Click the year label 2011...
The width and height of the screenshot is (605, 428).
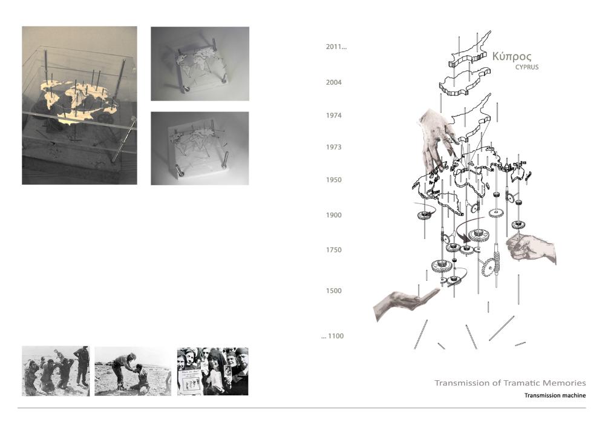pyautogui.click(x=336, y=47)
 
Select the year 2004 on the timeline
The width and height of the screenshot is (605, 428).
pyautogui.click(x=334, y=82)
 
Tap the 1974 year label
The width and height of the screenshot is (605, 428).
pyautogui.click(x=334, y=116)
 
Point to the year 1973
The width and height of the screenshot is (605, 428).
pyautogui.click(x=334, y=147)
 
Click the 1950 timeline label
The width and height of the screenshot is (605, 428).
pyautogui.click(x=334, y=180)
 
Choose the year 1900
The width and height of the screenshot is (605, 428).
pyautogui.click(x=334, y=216)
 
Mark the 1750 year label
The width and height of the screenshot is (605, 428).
pyautogui.click(x=334, y=250)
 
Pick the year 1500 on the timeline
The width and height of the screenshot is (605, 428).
pyautogui.click(x=334, y=291)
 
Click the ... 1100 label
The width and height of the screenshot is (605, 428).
pyautogui.click(x=332, y=336)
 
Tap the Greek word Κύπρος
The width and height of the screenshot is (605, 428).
pyautogui.click(x=512, y=57)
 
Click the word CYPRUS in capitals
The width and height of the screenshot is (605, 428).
pyautogui.click(x=527, y=67)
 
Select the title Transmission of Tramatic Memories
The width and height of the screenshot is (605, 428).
pyautogui.click(x=510, y=383)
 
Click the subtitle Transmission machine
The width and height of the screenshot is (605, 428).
pyautogui.click(x=555, y=395)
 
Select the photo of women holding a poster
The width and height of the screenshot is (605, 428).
pyautogui.click(x=212, y=371)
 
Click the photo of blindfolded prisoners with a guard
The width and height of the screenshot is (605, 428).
pyautogui.click(x=56, y=371)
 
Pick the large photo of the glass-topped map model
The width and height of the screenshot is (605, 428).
pyautogui.click(x=79, y=105)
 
